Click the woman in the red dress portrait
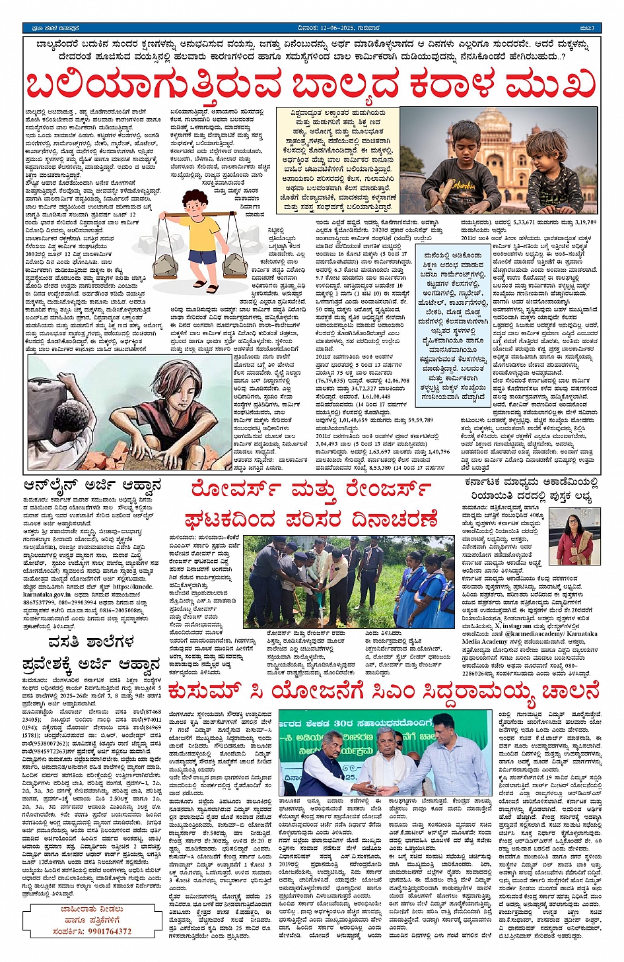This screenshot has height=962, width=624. click(x=574, y=538)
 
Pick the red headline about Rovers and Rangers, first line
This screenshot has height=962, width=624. click(x=312, y=490)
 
